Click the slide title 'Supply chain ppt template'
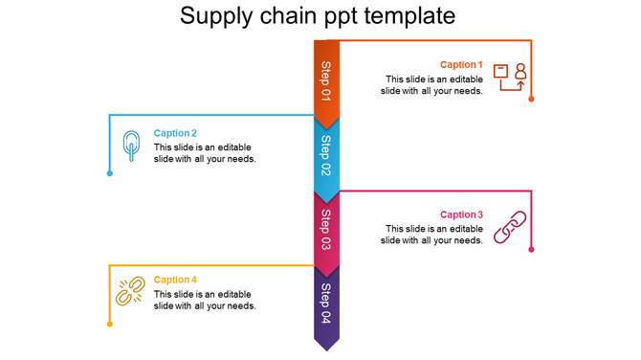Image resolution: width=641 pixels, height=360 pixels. pos(318,16)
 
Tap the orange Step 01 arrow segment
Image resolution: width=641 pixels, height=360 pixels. pos(326,81)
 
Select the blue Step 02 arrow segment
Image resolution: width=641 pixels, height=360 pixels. pos(326,156)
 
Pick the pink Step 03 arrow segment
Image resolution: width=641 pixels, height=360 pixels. pos(326,230)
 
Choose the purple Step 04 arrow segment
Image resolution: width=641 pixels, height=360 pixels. pos(326,304)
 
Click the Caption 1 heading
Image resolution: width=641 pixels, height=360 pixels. pos(461,65)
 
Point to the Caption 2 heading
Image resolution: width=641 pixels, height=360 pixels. pos(175,134)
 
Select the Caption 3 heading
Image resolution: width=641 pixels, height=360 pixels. pos(461,215)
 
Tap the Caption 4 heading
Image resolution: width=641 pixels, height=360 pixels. pos(175,281)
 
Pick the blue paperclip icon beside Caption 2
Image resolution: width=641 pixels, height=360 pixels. pos(131,146)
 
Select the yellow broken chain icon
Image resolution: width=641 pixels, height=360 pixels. pos(130,291)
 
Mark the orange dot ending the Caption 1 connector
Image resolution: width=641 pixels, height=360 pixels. pos(531,99)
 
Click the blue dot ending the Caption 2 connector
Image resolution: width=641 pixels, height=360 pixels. pos(110,173)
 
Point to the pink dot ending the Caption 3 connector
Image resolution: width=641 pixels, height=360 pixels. pos(531,248)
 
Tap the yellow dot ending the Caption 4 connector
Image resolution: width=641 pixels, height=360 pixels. pos(110,324)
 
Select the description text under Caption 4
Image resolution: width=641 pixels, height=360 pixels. pos(205,300)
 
